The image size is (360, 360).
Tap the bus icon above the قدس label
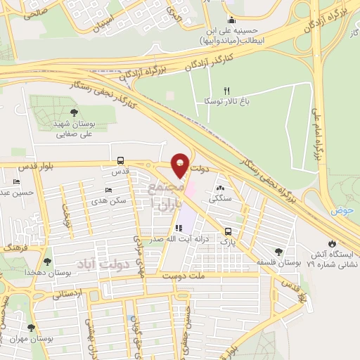click(121, 160)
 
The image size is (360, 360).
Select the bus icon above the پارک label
click(227, 231)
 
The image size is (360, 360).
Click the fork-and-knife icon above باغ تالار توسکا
click(226, 90)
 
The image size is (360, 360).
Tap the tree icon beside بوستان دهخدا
click(16, 262)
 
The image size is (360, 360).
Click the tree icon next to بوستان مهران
click(30, 327)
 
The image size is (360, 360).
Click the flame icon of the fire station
click(332, 243)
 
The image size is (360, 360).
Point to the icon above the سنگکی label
click(221, 188)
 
